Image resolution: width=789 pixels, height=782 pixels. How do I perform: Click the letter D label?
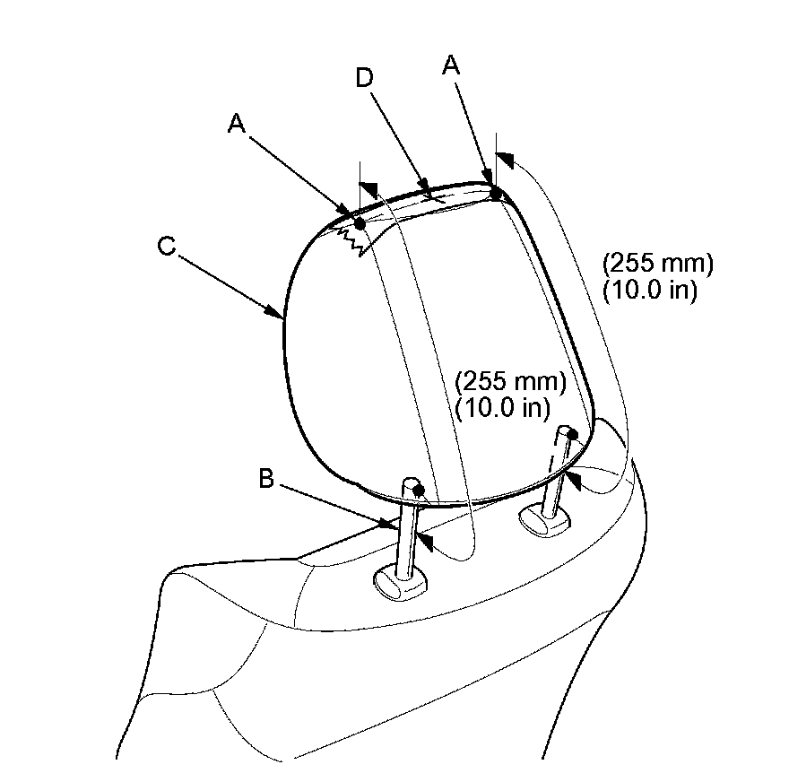point(365,78)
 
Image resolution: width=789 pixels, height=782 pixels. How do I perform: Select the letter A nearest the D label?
point(451,65)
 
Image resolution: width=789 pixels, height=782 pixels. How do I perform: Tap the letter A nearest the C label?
point(237,123)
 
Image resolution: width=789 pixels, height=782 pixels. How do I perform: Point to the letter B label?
point(266,478)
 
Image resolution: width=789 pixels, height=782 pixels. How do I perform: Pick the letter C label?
point(167,247)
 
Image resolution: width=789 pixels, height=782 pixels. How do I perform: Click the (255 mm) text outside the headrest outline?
point(658,263)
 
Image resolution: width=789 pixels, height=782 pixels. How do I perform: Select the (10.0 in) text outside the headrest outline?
point(650,291)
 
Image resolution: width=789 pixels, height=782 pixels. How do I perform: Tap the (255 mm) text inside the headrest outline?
point(510,381)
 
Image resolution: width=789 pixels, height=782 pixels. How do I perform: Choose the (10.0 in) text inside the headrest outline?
point(502,408)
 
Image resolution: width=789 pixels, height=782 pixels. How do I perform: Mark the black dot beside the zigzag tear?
point(360,223)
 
